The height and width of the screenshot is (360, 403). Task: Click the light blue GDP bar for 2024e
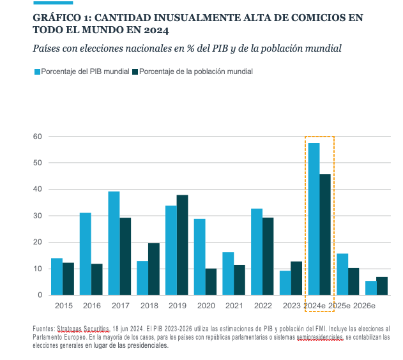(314, 219)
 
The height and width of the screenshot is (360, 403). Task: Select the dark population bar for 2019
(182, 245)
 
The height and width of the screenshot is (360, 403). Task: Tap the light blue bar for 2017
(114, 243)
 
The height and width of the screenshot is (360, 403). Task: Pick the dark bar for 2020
(211, 281)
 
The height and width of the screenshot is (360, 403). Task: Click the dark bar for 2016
(96, 280)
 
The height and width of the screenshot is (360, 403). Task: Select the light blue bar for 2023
(285, 283)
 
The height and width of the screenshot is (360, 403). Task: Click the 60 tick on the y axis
(38, 137)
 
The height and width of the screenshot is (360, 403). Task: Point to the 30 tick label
(38, 216)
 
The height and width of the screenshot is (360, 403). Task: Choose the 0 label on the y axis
(40, 295)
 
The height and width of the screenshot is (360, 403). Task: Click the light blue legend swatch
(36, 71)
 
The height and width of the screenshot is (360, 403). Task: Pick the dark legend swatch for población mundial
(135, 71)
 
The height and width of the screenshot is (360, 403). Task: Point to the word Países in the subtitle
(48, 49)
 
